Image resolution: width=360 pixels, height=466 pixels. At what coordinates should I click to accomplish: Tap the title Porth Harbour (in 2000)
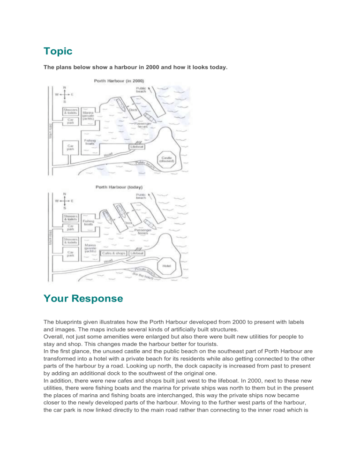coord(119,81)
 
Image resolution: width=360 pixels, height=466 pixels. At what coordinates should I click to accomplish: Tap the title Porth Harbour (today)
coord(119,187)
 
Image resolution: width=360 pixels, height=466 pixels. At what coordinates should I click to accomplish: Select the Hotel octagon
coord(166,265)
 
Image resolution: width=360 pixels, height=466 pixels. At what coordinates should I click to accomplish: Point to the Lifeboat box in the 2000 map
coord(137,147)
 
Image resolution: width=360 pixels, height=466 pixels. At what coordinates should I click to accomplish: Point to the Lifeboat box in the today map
coord(137,253)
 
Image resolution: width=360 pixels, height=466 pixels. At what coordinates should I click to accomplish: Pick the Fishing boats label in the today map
coord(88,223)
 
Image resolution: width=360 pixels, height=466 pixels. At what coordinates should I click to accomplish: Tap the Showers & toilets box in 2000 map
coord(71,111)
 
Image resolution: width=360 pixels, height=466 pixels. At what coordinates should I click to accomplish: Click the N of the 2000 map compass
coord(64,87)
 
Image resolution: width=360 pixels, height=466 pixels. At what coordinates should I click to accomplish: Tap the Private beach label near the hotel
coord(144,271)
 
